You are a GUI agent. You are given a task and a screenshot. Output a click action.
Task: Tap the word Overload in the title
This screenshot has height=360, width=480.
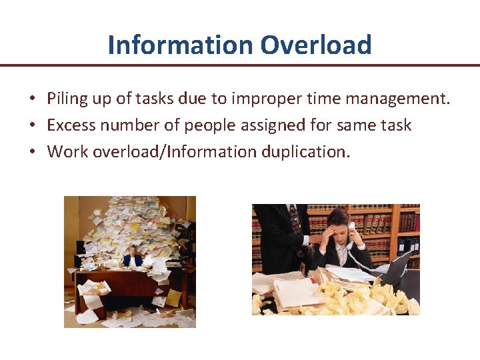316,45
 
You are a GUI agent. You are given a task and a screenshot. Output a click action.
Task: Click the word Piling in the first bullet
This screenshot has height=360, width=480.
67,99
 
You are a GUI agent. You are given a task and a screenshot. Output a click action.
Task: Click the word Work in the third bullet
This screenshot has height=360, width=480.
67,151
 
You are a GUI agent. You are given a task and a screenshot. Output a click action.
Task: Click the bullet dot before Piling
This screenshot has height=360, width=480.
32,100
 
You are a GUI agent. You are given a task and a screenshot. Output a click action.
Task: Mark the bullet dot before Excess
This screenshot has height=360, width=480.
32,126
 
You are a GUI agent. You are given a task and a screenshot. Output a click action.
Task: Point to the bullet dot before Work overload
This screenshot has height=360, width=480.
32,152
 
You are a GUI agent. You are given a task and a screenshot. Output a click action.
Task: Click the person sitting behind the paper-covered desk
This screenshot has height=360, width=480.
131,257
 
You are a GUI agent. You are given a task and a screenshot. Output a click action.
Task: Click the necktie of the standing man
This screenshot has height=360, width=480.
294,219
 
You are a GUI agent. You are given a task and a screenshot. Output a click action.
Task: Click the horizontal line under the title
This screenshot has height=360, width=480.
240,65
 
